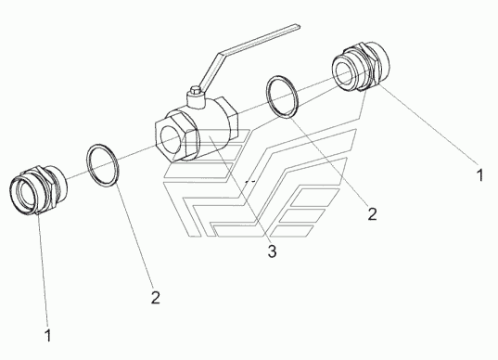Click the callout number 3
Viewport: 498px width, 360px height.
(272, 251)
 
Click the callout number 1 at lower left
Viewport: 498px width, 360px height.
(48, 336)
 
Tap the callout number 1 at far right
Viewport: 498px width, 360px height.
(479, 175)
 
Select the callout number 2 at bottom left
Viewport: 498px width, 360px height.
(155, 298)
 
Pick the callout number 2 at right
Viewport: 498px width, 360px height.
(372, 213)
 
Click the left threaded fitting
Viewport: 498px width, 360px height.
(38, 190)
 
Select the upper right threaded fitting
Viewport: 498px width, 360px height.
(361, 66)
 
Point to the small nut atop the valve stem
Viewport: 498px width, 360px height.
(196, 90)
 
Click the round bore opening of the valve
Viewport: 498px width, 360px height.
(172, 140)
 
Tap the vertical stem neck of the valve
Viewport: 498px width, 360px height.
(196, 100)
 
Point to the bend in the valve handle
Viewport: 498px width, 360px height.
(219, 55)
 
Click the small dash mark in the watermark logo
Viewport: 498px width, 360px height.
(250, 182)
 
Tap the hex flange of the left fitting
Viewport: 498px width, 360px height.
(46, 188)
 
